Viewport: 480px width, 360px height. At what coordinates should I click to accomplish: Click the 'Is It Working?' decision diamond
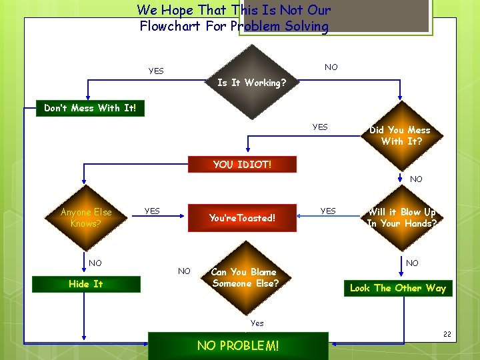(252, 83)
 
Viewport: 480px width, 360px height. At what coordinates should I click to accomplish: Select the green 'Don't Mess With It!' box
(90, 108)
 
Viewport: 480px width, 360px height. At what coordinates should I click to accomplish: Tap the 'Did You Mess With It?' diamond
(400, 135)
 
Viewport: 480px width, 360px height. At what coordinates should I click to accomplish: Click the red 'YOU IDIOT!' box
(242, 164)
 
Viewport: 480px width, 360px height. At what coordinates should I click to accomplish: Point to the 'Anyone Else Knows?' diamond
(86, 218)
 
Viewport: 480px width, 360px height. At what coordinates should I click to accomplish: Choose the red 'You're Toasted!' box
(242, 218)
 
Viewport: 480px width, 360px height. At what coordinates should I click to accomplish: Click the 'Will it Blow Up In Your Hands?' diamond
(401, 218)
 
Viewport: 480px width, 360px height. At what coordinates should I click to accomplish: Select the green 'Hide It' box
(86, 284)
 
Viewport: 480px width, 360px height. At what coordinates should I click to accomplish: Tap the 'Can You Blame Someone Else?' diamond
(245, 277)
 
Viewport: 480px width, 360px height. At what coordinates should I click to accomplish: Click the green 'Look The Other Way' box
(398, 288)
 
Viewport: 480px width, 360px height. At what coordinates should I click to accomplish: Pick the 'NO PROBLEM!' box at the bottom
(238, 345)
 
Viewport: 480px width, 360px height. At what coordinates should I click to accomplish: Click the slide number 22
(447, 334)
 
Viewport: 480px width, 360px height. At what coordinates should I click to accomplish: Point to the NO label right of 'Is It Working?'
(331, 67)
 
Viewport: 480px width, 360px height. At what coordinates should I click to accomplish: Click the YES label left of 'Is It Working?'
(156, 71)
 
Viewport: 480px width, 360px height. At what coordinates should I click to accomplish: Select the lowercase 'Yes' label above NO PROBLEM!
(257, 323)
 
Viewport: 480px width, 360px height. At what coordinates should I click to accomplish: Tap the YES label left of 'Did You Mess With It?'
(320, 127)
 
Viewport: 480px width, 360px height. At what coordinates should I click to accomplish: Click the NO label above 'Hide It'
(95, 263)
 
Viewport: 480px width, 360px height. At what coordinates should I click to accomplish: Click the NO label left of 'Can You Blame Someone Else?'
(184, 271)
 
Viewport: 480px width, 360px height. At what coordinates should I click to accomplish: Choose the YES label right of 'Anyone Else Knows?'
(152, 211)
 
